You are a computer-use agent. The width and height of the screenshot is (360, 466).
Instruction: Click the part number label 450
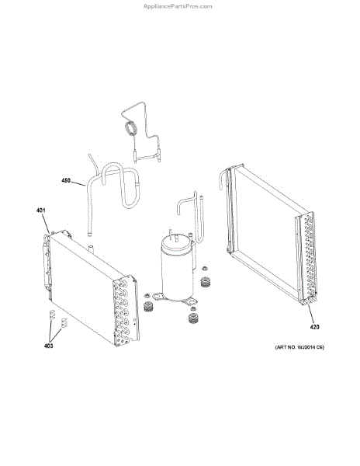coord(66,180)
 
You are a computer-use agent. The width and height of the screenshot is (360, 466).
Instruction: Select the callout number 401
coord(40,210)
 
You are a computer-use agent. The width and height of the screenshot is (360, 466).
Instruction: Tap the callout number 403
coord(48,346)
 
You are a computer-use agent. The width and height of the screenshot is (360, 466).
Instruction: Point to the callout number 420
coord(314,327)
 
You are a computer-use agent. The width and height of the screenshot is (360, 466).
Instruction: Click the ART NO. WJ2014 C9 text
coord(299,347)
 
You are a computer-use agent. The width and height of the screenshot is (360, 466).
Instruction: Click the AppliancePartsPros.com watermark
coord(178,6)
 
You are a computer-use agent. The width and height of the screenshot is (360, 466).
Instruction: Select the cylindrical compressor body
coord(177,273)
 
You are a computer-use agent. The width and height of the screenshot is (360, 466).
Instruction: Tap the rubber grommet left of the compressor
coord(147,307)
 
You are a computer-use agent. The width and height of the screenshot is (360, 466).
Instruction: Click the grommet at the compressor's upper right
coord(205,282)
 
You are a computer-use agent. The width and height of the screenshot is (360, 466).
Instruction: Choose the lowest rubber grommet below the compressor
coord(193,318)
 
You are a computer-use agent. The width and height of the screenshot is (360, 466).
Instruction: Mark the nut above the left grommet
coord(147,296)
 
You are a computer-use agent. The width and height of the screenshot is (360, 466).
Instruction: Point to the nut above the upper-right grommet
coord(204,269)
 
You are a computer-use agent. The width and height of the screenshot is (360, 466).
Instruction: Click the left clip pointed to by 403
coord(52,315)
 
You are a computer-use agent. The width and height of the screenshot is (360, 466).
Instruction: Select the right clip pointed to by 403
coord(64,323)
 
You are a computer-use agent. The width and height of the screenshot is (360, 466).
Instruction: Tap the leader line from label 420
coord(311,314)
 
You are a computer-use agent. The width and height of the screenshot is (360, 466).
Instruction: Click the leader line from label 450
coord(78,183)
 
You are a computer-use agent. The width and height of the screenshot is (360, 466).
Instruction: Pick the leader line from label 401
coord(46,224)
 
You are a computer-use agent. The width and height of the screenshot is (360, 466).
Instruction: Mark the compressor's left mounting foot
coord(157,297)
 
